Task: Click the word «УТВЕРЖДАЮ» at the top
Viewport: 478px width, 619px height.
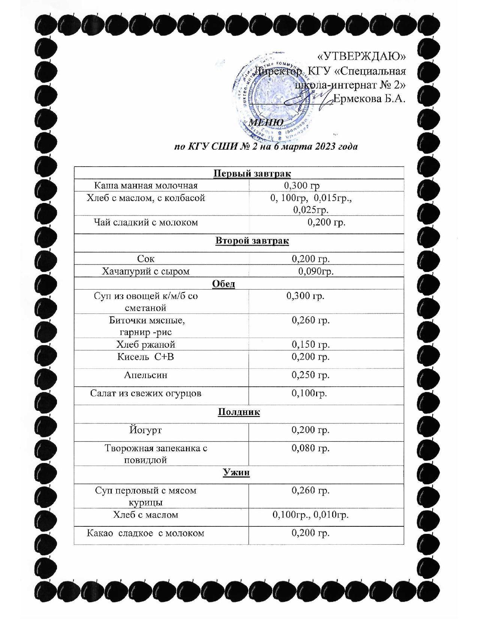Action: click(361, 56)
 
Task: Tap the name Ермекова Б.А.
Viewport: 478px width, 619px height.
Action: click(369, 99)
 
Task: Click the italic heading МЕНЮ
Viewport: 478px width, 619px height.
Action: click(266, 123)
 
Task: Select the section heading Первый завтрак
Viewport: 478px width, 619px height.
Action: click(252, 173)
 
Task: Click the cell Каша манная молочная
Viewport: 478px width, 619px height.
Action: click(145, 185)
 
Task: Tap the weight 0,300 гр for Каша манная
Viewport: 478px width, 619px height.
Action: click(302, 185)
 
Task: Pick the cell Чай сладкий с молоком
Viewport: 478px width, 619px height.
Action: click(145, 222)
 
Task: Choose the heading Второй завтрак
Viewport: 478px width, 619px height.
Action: click(252, 240)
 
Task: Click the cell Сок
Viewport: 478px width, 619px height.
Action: click(145, 259)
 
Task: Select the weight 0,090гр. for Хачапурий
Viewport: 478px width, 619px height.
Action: click(316, 271)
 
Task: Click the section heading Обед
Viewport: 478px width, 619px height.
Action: click(223, 284)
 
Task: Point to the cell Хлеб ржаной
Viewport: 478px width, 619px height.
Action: click(145, 344)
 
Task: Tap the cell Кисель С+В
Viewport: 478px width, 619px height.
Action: click(145, 357)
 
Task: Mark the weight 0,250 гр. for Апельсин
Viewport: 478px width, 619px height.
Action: click(310, 375)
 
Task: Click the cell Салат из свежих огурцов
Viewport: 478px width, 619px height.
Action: click(145, 393)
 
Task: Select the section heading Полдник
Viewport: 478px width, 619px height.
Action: click(239, 412)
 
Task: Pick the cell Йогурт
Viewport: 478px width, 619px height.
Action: click(145, 430)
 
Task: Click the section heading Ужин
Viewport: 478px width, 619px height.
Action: click(236, 473)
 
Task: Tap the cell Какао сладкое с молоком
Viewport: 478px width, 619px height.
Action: click(145, 533)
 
